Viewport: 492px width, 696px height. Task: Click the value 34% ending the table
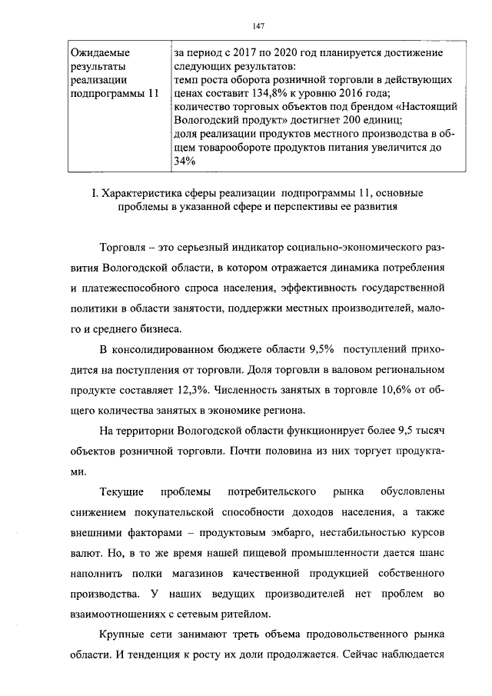184,161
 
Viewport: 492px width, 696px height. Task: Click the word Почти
273,449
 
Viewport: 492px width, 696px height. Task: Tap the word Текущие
124,489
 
